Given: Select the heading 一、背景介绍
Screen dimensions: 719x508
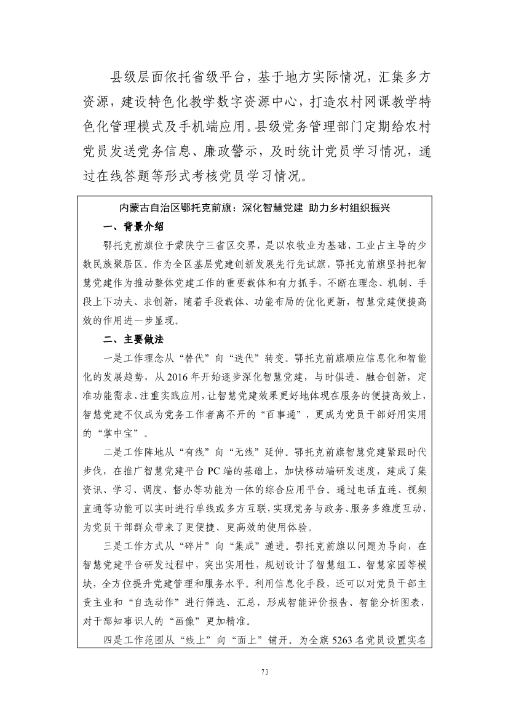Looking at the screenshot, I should [133, 226].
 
